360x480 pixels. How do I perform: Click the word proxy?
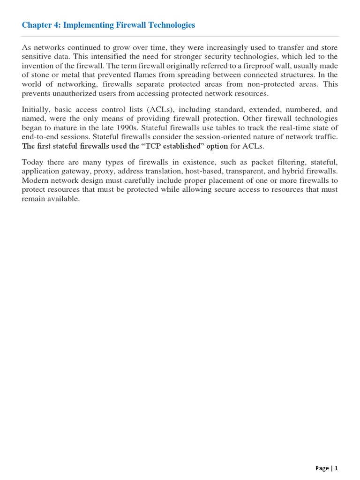pos(109,172)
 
